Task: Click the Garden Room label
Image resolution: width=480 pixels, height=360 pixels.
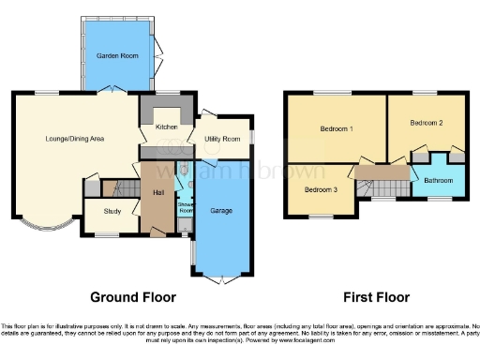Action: click(118, 56)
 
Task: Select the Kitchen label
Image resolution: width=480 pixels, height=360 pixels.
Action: click(166, 127)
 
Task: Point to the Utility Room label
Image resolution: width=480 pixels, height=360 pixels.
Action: click(223, 139)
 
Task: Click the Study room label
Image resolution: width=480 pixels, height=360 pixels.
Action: click(112, 211)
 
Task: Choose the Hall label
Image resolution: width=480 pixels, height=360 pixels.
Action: click(158, 191)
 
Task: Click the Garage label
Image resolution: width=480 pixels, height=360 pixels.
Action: click(221, 210)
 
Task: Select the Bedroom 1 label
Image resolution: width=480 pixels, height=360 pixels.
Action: click(337, 128)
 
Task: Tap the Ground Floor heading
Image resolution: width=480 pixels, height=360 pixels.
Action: click(132, 297)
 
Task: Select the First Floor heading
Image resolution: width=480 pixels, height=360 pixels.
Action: click(376, 297)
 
